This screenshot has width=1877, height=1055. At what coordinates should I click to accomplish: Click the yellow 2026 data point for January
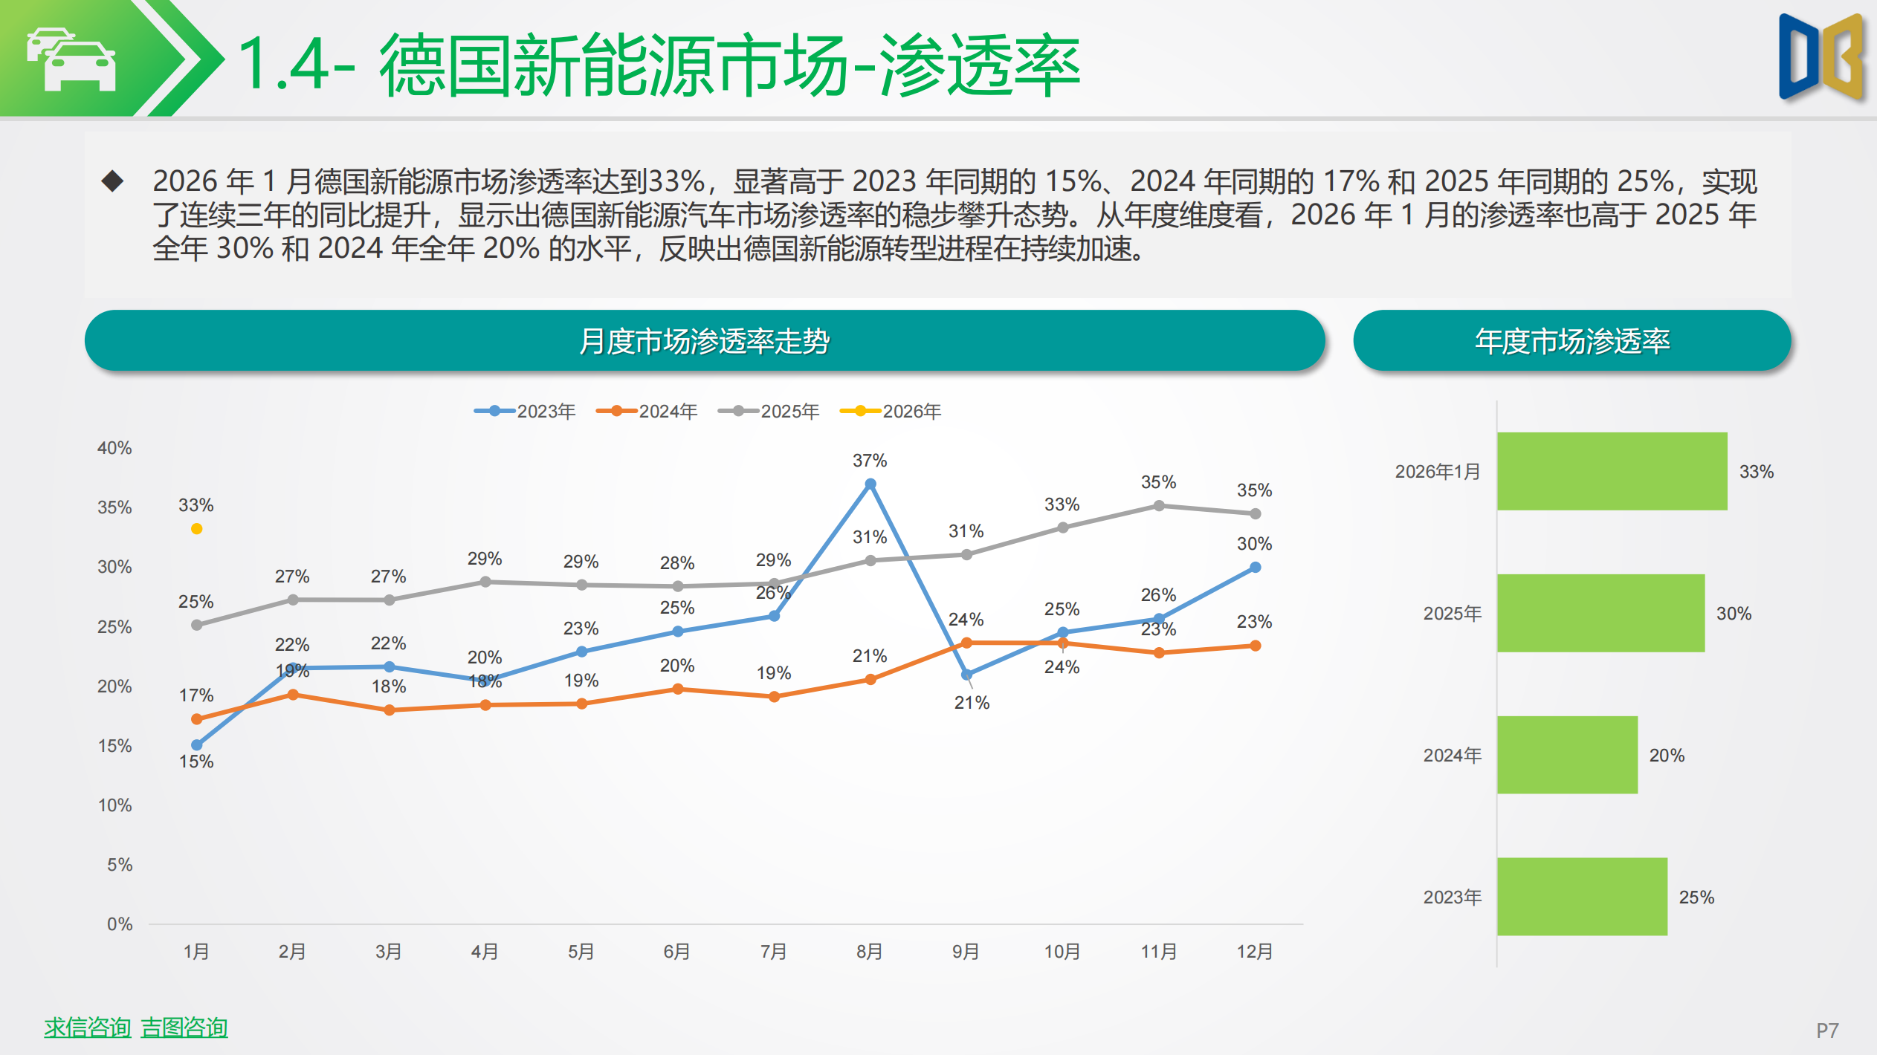click(x=196, y=529)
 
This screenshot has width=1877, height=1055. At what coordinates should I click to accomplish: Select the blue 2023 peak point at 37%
click(x=870, y=484)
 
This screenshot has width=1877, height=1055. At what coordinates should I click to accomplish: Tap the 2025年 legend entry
click(x=769, y=412)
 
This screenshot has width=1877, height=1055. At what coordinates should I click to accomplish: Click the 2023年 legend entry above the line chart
click(x=526, y=412)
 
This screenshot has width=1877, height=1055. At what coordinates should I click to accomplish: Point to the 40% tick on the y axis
click(x=114, y=448)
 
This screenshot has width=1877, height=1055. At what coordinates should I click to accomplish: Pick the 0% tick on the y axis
click(x=119, y=924)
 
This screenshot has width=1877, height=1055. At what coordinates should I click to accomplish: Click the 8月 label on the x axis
click(x=869, y=952)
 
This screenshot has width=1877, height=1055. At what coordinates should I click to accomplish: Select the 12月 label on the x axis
click(x=1255, y=952)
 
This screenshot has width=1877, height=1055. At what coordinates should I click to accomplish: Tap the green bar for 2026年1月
click(x=1612, y=471)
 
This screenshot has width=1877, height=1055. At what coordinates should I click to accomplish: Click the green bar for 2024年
click(x=1567, y=755)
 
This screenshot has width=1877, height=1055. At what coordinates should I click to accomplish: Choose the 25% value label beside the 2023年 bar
click(x=1696, y=897)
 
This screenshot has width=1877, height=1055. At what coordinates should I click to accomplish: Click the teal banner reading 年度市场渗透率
click(x=1571, y=341)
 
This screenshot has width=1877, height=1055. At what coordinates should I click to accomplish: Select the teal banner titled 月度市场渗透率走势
click(x=704, y=341)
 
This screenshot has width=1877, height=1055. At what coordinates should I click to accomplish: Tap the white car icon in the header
click(x=73, y=59)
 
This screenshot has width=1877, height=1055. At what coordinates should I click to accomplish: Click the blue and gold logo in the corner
click(x=1821, y=58)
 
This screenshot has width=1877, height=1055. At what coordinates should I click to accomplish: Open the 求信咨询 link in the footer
click(x=87, y=1028)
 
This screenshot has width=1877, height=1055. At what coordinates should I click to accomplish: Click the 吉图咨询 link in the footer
click(x=184, y=1028)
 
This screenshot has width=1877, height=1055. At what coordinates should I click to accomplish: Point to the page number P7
click(x=1827, y=1030)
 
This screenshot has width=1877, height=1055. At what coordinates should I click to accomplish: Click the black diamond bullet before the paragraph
click(x=112, y=181)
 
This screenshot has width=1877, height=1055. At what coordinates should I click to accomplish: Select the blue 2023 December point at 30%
click(x=1256, y=568)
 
